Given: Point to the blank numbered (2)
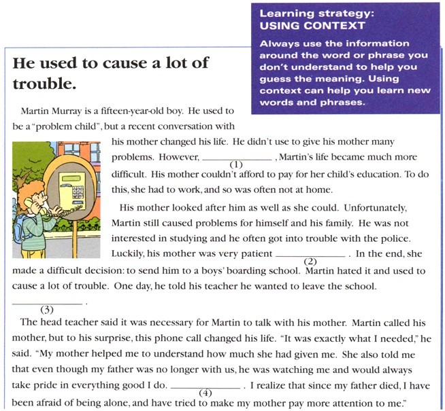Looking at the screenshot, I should coord(310,254).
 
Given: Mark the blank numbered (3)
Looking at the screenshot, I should coord(47,302).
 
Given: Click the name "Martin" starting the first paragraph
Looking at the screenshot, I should coord(35,110).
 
